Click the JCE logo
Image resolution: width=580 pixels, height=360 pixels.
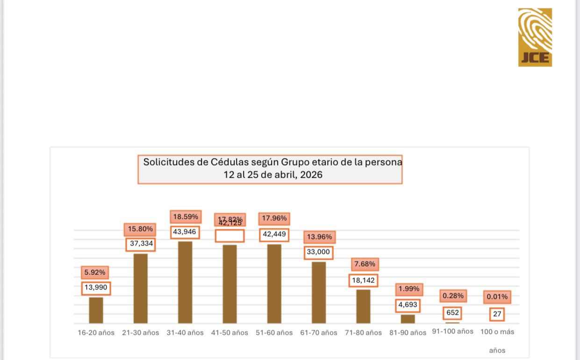coord(535,37)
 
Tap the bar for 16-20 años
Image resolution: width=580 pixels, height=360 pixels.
coord(96,310)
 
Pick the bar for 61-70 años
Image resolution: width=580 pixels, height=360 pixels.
coord(319,292)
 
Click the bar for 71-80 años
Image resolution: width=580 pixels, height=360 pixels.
coord(363,306)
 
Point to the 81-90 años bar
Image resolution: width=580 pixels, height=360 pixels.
coord(408,319)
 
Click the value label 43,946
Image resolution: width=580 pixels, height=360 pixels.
coord(185,232)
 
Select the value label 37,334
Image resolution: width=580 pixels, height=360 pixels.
coord(140,244)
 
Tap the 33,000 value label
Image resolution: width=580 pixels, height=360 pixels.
coord(318,252)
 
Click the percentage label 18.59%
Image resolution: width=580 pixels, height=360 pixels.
coord(186,217)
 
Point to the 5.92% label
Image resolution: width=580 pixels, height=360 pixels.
coord(95,272)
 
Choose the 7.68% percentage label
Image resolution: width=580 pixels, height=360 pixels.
coord(365,264)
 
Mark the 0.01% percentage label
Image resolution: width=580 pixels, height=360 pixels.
coord(497,297)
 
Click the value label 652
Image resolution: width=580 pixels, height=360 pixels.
coord(452,313)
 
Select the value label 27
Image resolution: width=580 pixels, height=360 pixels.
coord(497,314)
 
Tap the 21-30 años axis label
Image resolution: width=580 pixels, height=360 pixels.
coord(140,333)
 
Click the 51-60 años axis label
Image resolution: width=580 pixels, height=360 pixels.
coord(274,333)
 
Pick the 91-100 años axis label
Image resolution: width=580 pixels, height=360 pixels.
coord(452,331)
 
